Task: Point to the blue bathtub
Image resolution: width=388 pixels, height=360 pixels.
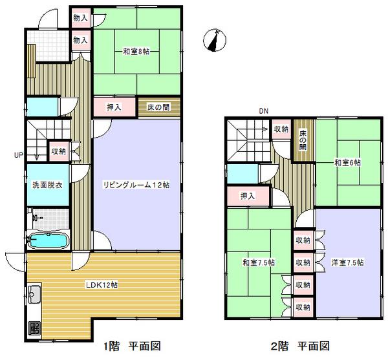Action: click(x=48, y=242)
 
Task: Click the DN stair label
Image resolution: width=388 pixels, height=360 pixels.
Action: click(x=263, y=111)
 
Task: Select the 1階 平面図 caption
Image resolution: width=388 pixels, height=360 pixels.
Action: click(x=131, y=346)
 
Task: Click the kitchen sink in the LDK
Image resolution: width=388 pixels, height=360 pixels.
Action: click(x=34, y=298)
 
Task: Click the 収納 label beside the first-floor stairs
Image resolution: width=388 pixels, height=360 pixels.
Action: click(x=59, y=152)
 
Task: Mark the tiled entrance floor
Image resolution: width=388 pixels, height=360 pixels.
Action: click(x=50, y=45)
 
